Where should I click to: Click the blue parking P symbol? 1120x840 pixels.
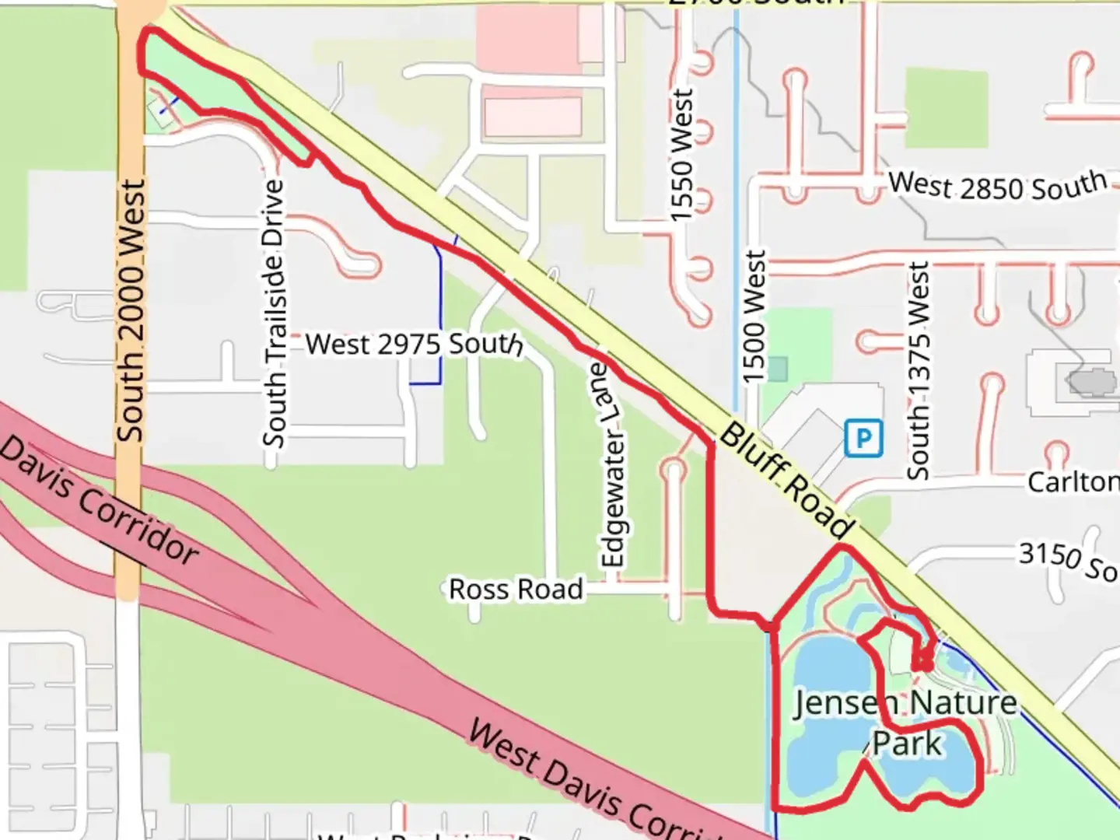pyautogui.click(x=863, y=438)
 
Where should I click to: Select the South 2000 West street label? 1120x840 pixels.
pyautogui.click(x=131, y=311)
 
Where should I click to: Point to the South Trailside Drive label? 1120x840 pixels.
pyautogui.click(x=274, y=313)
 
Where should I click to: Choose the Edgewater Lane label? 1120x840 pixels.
pyautogui.click(x=613, y=465)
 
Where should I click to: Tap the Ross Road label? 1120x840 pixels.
pyautogui.click(x=516, y=590)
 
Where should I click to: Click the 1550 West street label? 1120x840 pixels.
pyautogui.click(x=681, y=155)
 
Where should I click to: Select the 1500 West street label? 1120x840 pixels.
pyautogui.click(x=754, y=317)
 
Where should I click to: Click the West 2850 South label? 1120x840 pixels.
pyautogui.click(x=998, y=185)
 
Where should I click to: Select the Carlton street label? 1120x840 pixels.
pyautogui.click(x=1073, y=481)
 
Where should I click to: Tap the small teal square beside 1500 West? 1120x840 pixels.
pyautogui.click(x=777, y=369)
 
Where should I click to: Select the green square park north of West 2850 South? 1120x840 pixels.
pyautogui.click(x=946, y=107)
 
